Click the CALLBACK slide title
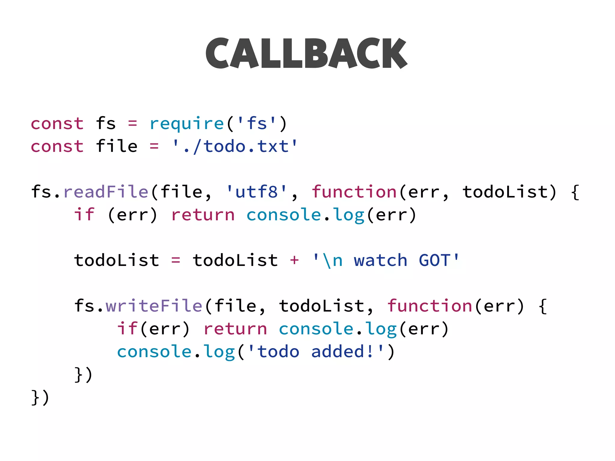pyautogui.click(x=306, y=53)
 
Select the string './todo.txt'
pyautogui.click(x=235, y=146)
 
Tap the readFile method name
pyautogui.click(x=106, y=192)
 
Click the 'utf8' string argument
pyautogui.click(x=257, y=192)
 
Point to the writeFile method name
pyautogui.click(x=154, y=306)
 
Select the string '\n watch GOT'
pyautogui.click(x=386, y=260)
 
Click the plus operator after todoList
pyautogui.click(x=294, y=260)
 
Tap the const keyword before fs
pyautogui.click(x=57, y=124)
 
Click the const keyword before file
pyautogui.click(x=57, y=146)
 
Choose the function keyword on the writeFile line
pyautogui.click(x=430, y=306)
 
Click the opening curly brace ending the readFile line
pyautogui.click(x=575, y=192)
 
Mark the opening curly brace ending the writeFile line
pyautogui.click(x=542, y=306)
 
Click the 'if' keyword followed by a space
pyautogui.click(x=84, y=215)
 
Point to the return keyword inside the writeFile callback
pyautogui.click(x=235, y=329)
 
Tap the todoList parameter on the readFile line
pyautogui.click(x=505, y=192)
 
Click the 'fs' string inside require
pyautogui.click(x=257, y=124)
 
